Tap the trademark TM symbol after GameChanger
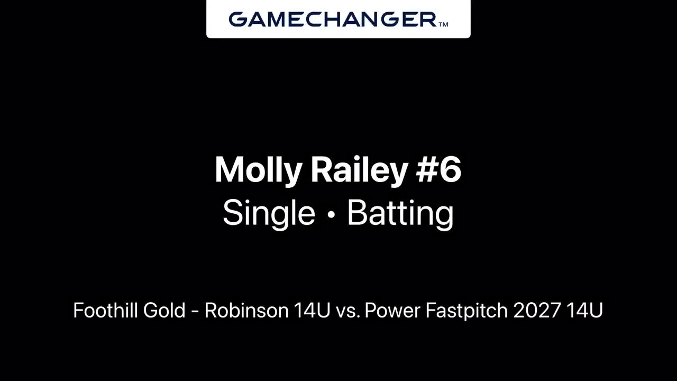click(443, 24)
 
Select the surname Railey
click(359, 170)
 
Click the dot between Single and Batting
click(332, 214)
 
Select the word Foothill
click(105, 310)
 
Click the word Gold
click(164, 310)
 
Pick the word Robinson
click(246, 310)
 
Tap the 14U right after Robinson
click(312, 311)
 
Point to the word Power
click(392, 311)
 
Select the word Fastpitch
click(466, 311)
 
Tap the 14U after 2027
click(584, 311)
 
